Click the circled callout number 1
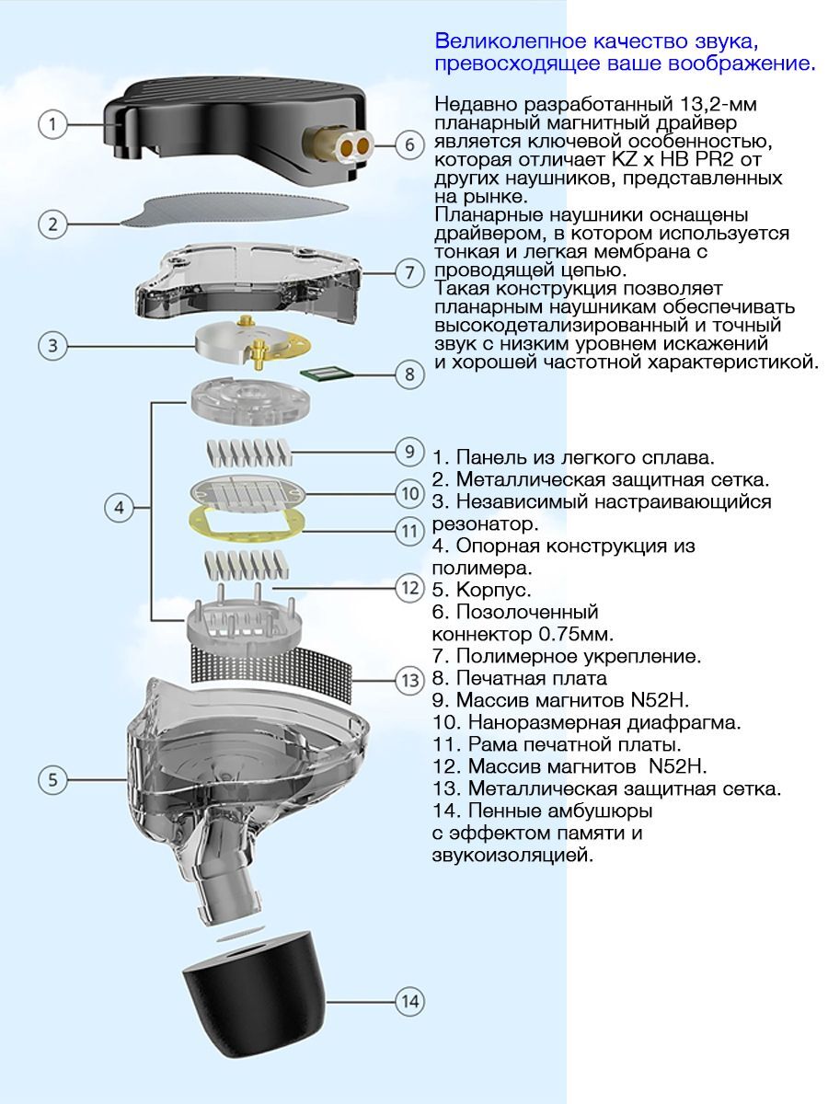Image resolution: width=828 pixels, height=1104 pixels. coord(54,124)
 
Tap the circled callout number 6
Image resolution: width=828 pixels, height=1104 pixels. coord(410,144)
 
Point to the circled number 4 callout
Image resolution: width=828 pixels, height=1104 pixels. coord(120,507)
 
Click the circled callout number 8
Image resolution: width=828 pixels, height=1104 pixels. coord(410,374)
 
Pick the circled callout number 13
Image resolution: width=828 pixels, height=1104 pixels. coord(410,681)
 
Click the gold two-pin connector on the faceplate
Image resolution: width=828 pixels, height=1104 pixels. coord(350,144)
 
